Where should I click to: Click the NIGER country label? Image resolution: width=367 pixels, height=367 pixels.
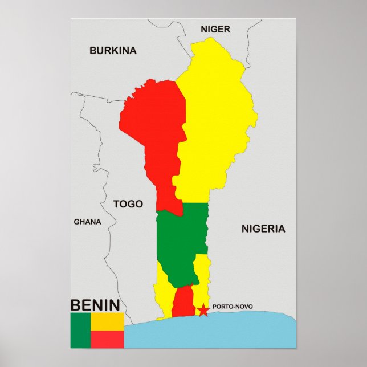click(x=215, y=29)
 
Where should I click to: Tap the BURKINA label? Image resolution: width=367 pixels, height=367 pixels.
click(x=113, y=50)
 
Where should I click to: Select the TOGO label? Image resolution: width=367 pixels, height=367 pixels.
click(x=128, y=203)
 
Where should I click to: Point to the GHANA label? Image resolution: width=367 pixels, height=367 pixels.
click(x=87, y=222)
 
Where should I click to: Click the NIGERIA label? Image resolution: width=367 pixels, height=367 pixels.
click(x=263, y=229)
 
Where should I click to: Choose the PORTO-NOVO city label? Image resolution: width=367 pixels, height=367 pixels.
click(x=232, y=307)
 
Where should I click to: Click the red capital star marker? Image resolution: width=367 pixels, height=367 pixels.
click(x=203, y=310)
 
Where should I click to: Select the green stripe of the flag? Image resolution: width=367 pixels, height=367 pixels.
click(x=80, y=330)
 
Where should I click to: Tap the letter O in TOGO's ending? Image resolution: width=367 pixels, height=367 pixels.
click(x=138, y=203)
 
